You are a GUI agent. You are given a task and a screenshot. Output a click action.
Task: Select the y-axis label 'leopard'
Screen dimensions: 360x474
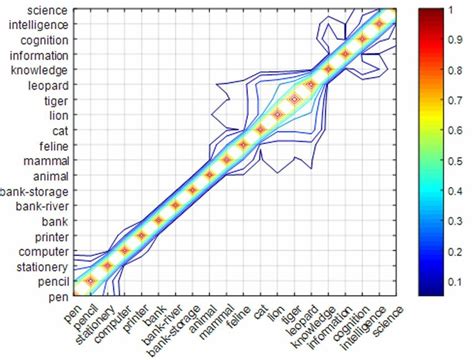[x=46, y=86]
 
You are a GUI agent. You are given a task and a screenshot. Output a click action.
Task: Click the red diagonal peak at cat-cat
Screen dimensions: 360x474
[x=261, y=130]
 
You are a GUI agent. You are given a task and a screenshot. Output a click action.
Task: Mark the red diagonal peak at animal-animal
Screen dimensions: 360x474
[x=209, y=175]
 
